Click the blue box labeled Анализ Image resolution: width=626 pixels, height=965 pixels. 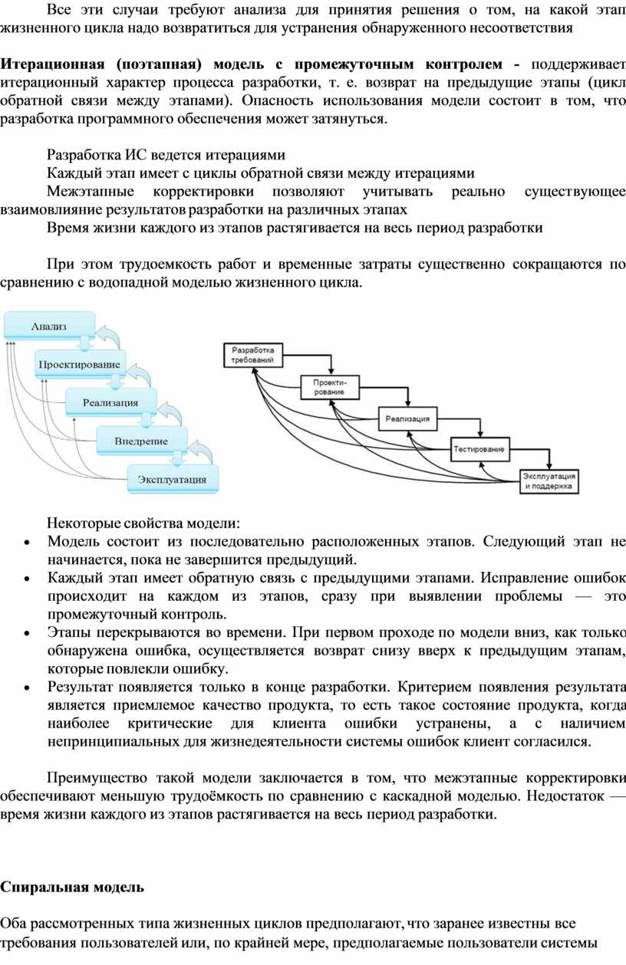pos(49,326)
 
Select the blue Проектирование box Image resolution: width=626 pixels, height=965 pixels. pos(80,364)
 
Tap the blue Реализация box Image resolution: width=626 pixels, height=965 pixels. pos(110,402)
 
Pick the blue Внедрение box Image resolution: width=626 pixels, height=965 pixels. pos(141,441)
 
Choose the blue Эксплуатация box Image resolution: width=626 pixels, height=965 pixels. pos(173,479)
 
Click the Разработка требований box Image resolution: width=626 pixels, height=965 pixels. pos(253,355)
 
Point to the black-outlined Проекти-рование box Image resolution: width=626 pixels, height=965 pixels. pos(329,387)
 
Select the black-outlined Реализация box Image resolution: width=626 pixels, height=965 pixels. pos(407,418)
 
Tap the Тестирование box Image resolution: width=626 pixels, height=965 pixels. pos(479,449)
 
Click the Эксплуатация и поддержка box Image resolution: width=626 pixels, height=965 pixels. pos(549,481)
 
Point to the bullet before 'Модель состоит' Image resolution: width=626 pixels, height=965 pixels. pos(27,543)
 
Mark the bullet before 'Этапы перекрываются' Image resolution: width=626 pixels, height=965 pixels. pos(27,634)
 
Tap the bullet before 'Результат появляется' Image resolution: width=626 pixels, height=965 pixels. pos(27,688)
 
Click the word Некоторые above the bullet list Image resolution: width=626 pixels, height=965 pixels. pos(83,523)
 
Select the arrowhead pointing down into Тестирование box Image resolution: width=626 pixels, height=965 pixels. pos(479,435)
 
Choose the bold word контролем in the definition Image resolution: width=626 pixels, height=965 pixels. pos(464,64)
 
